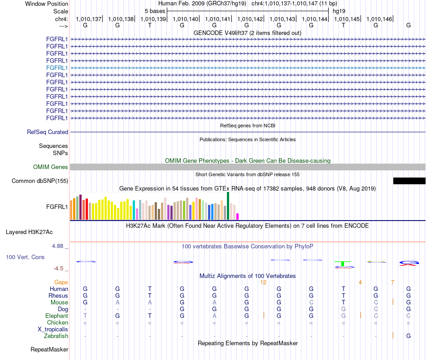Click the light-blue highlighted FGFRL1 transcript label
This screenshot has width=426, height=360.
coord(57,68)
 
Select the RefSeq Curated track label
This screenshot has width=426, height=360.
coord(48,132)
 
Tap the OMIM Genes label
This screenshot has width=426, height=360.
coord(51,167)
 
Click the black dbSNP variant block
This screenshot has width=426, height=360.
coord(409,181)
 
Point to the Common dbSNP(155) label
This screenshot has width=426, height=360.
coord(40,181)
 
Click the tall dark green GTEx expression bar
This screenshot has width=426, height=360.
coord(228,206)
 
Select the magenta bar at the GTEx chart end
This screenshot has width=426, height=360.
coord(238,217)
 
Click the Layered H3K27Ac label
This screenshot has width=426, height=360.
coord(29,232)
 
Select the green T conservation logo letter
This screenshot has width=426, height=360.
coord(343,264)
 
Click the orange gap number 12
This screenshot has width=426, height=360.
coord(263,282)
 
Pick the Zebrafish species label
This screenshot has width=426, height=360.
coord(56,336)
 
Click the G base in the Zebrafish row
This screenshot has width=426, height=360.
coord(409,336)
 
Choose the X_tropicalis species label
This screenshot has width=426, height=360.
coord(53,330)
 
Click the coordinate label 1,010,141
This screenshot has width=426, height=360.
coord(217,19)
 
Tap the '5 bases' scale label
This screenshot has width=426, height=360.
coord(155,11)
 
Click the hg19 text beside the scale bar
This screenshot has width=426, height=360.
coord(339,11)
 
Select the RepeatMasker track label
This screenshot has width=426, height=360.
coord(49,349)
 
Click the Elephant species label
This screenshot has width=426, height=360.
coord(57,316)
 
